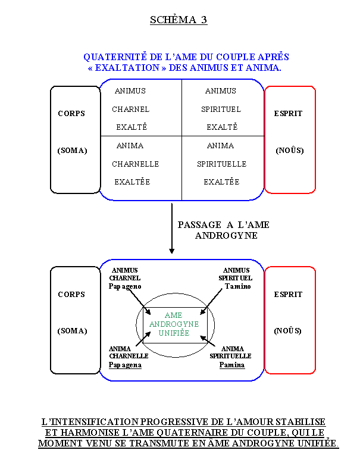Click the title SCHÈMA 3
pyautogui.click(x=179, y=20)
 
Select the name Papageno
pyautogui.click(x=125, y=286)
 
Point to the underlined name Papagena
pyautogui.click(x=125, y=365)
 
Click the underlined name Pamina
pyautogui.click(x=232, y=365)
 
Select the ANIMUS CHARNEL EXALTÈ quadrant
pyautogui.click(x=132, y=109)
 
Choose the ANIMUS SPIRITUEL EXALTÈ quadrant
pyautogui.click(x=221, y=109)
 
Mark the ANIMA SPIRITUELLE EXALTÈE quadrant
pyautogui.click(x=221, y=164)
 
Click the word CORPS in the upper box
pyautogui.click(x=71, y=114)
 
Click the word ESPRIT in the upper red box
pyautogui.click(x=289, y=114)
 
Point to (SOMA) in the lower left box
pyautogui.click(x=72, y=331)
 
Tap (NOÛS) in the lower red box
pyautogui.click(x=288, y=331)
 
